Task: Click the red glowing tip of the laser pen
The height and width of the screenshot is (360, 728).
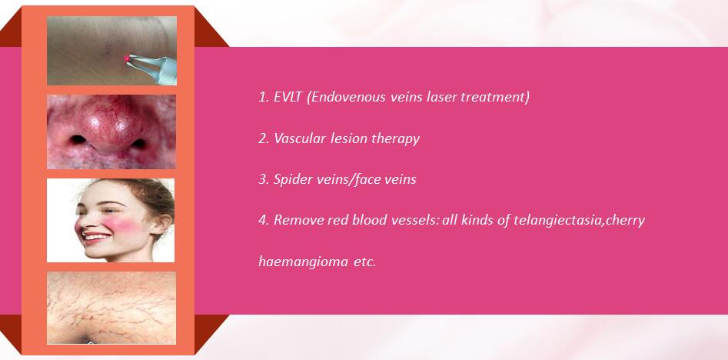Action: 127,58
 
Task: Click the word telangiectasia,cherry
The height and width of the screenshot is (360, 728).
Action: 579,221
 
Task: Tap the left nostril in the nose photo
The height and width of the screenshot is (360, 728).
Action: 78,139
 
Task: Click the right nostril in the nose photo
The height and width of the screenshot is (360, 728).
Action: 138,143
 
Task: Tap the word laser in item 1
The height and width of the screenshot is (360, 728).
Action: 437,98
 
